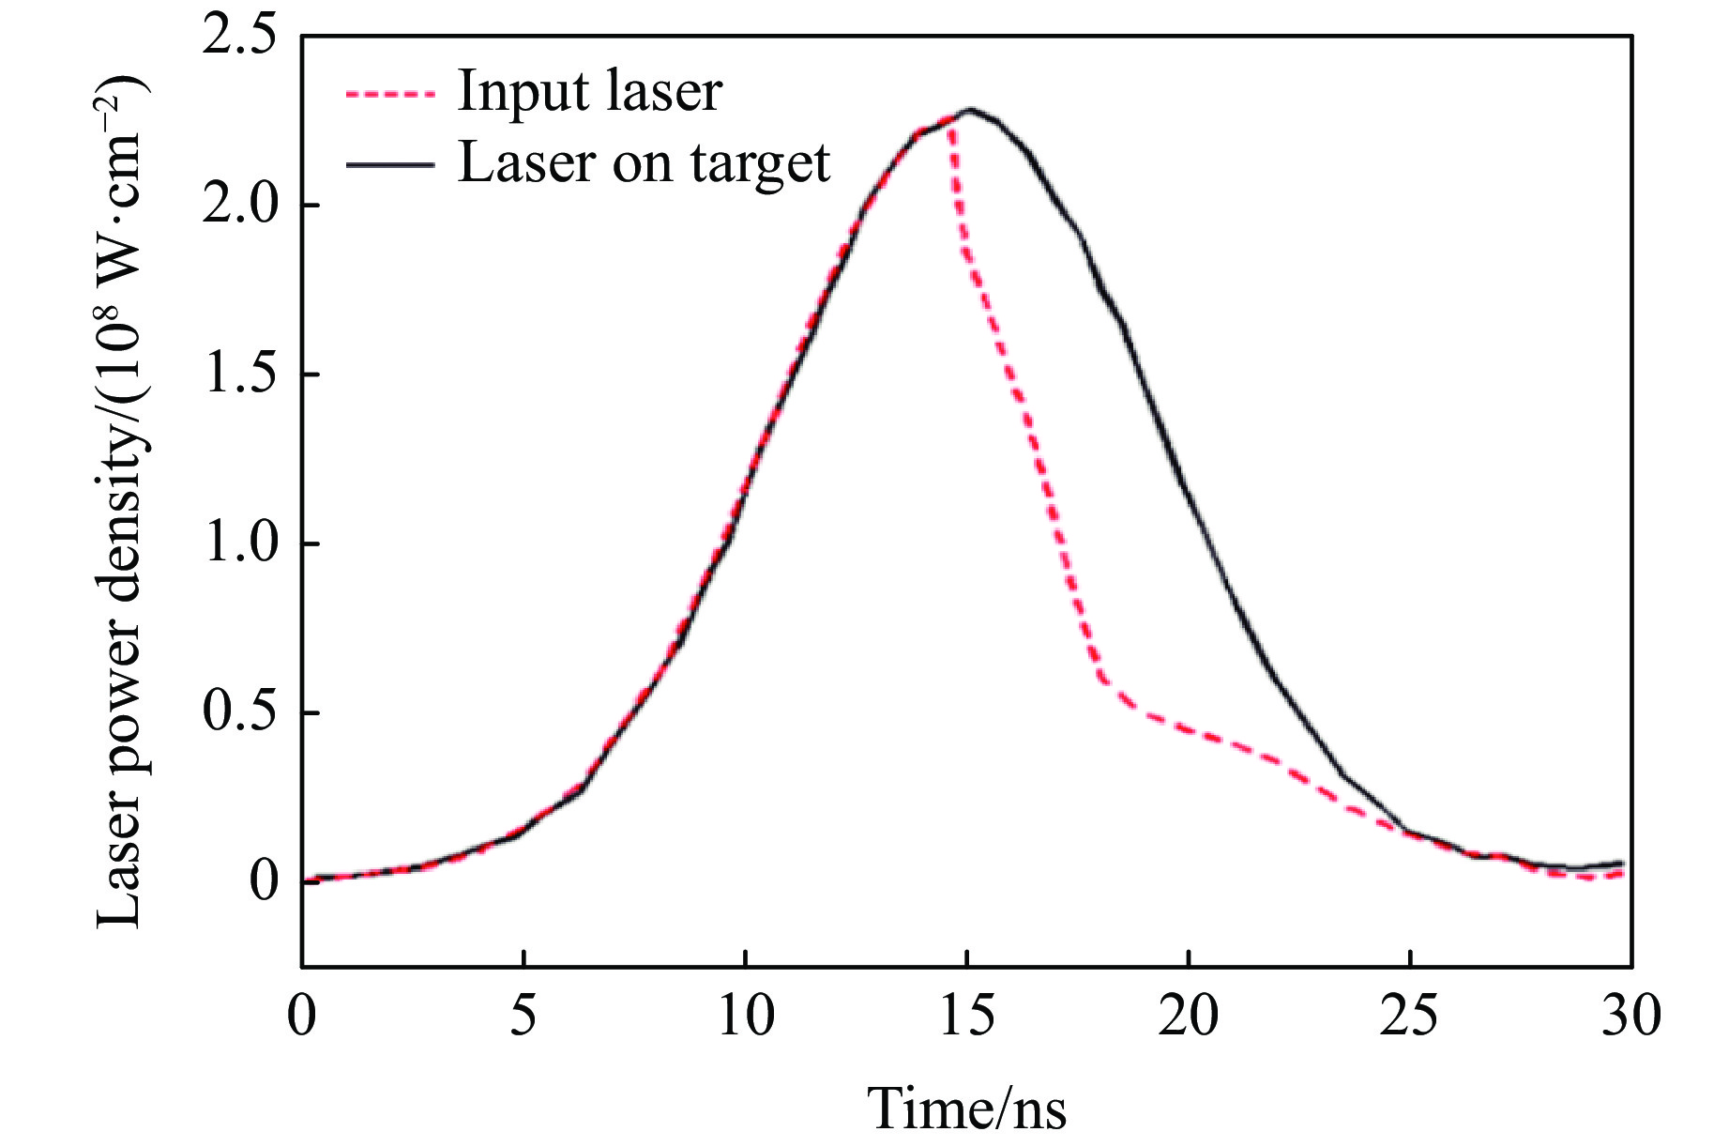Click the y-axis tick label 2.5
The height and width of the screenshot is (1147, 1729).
[239, 38]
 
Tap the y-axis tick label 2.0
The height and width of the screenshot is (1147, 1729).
[239, 206]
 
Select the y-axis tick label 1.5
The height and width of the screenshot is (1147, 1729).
[239, 375]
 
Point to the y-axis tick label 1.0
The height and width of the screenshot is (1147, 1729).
[239, 543]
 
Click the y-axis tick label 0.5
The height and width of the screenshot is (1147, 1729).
[239, 712]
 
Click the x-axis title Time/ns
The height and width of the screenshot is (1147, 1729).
[966, 1108]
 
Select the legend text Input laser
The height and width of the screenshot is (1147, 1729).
[589, 92]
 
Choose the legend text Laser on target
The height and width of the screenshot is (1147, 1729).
[644, 163]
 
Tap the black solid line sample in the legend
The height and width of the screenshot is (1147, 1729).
[390, 164]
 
